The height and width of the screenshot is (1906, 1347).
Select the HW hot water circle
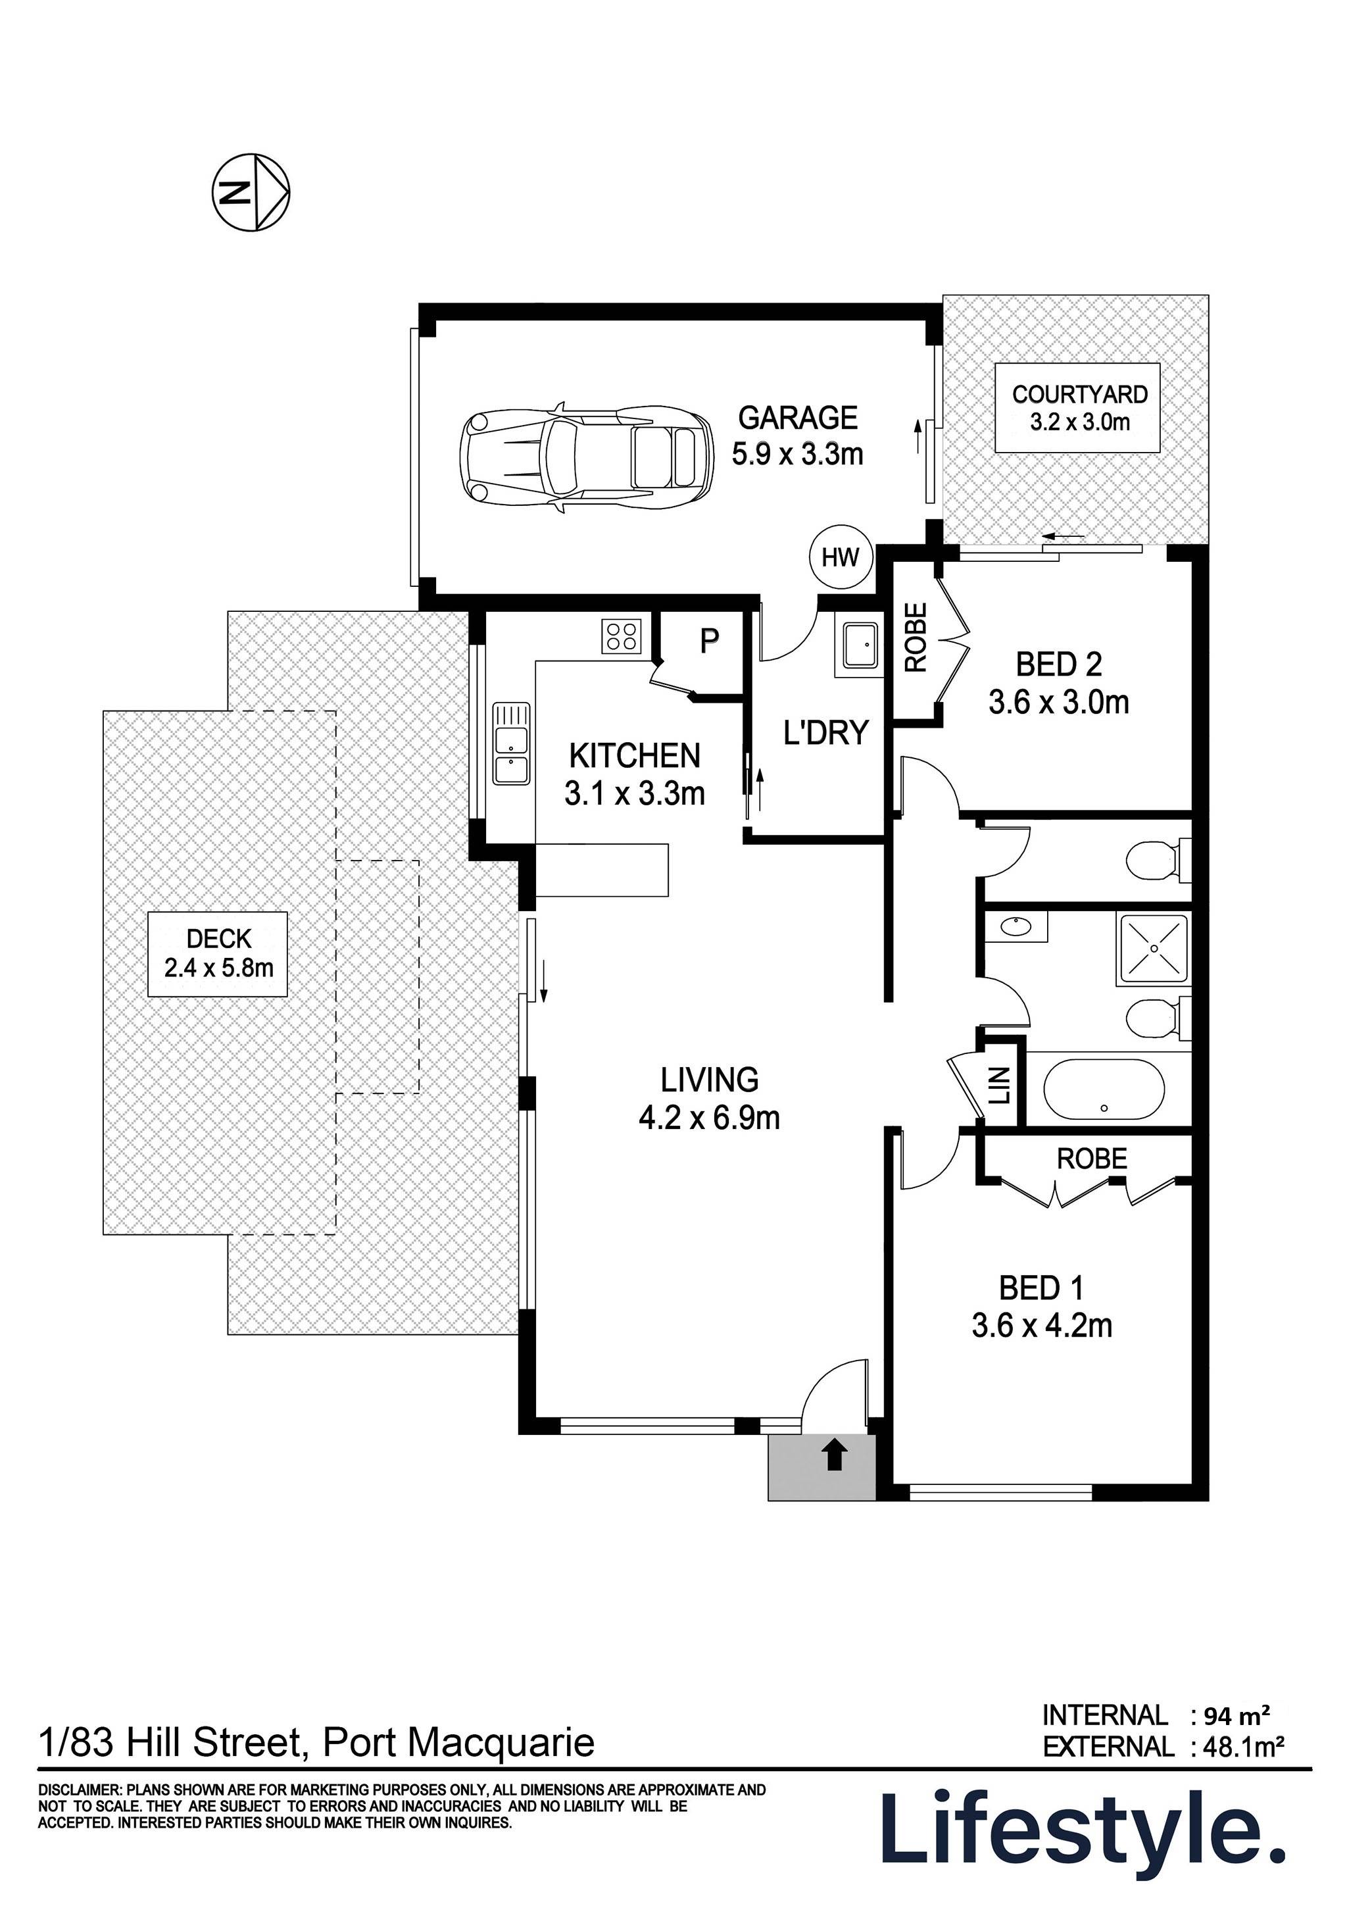(840, 557)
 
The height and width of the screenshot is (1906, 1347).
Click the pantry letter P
(708, 641)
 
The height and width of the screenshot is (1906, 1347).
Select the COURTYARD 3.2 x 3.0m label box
(1078, 408)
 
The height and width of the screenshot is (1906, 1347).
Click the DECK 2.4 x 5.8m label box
(218, 955)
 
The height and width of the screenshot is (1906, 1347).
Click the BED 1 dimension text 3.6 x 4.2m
(1042, 1325)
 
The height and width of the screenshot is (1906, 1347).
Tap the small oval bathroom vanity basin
(1014, 925)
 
